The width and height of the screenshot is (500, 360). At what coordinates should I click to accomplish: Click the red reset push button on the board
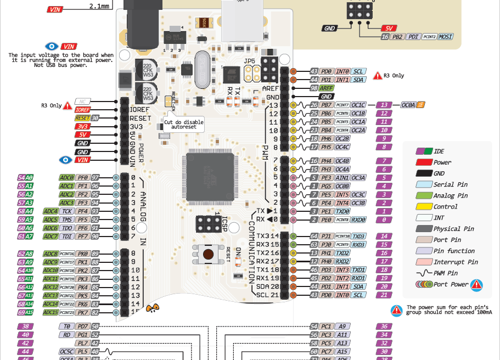point(209,255)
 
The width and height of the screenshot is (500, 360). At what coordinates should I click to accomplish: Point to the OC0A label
point(408,105)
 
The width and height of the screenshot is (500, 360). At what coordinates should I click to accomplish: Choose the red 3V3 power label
point(83,126)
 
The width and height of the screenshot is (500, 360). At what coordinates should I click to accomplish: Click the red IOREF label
point(83,110)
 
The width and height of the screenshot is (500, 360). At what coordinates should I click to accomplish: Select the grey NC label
point(83,102)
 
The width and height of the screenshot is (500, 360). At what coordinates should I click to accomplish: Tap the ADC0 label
point(67,178)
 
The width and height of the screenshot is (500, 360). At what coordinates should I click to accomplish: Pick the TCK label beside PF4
point(67,211)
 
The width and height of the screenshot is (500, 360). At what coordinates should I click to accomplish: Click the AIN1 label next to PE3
point(342,178)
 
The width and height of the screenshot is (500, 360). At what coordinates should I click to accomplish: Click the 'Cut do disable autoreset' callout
point(184,125)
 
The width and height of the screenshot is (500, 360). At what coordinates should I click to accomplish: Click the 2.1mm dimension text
point(100,6)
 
